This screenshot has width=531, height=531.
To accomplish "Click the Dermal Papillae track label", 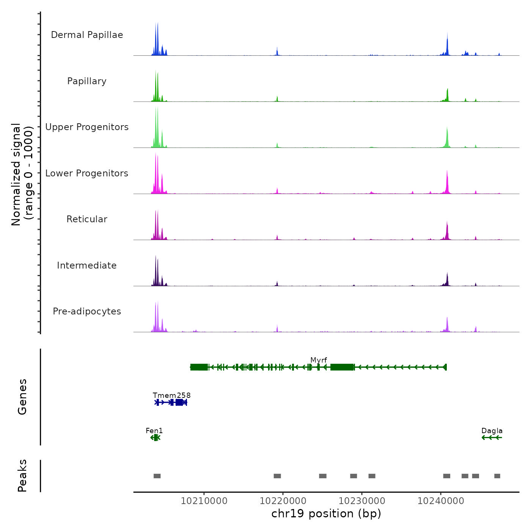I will click(87, 35).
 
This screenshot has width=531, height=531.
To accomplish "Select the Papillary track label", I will click(87, 81).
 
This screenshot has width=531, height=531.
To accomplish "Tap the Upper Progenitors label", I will click(87, 127).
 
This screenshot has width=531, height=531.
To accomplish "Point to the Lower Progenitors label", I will click(87, 173).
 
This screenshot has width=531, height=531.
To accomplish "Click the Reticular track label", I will click(87, 219).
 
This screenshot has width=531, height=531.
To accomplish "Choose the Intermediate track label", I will click(87, 265).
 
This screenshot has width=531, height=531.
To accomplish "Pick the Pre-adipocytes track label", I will click(87, 311).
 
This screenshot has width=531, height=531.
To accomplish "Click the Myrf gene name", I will click(319, 360).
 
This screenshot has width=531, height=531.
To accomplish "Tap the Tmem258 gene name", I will click(172, 395).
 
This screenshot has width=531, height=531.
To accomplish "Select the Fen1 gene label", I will click(154, 430).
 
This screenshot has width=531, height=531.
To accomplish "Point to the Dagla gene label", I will click(492, 430).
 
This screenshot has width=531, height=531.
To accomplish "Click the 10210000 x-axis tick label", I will click(204, 501).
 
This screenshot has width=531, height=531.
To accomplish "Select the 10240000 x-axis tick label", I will click(441, 501).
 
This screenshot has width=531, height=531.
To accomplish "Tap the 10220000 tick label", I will click(283, 501).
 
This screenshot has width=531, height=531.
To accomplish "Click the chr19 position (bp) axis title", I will click(326, 514).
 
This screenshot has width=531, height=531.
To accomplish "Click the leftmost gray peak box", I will click(157, 476).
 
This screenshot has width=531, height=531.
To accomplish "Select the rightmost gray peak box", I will click(497, 476).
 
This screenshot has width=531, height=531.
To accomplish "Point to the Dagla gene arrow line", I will click(492, 438).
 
